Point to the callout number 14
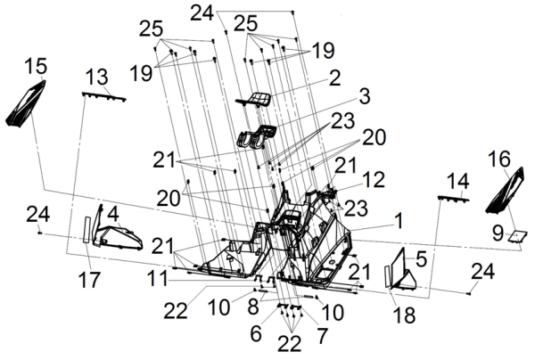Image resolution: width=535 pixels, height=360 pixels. tap(457, 181)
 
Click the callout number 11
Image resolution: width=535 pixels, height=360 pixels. tap(157, 277)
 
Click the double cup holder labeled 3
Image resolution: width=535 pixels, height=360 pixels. tap(256, 137)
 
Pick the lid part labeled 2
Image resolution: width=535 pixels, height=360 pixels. tap(257, 98)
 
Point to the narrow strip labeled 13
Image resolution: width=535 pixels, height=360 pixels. tap(104, 94)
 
